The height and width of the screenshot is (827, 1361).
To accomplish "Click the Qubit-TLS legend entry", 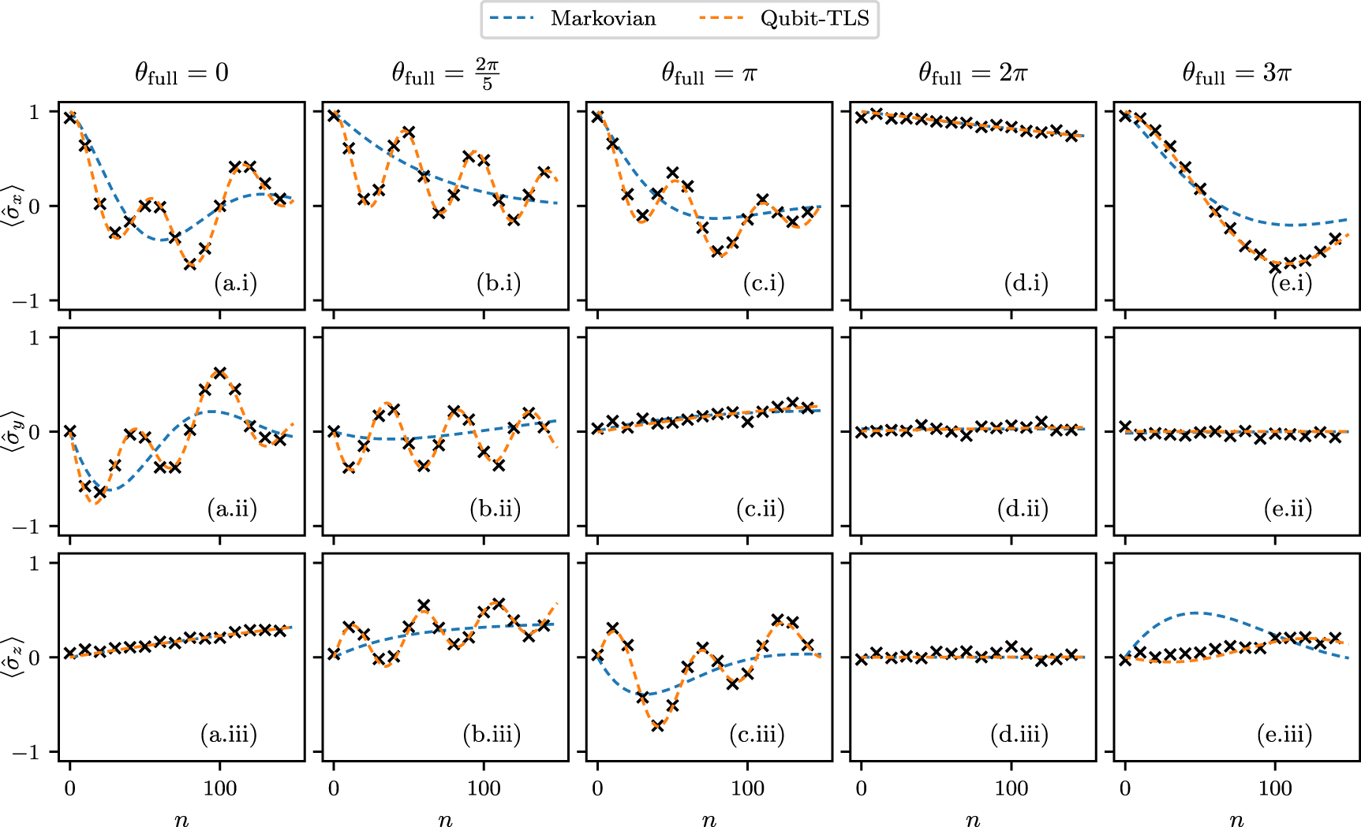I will tap(785, 19).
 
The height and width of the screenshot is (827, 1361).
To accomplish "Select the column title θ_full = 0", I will tap(181, 73).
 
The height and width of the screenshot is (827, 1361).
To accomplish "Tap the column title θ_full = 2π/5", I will tap(445, 73).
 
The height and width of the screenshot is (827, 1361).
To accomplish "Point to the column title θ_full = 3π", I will tap(1236, 73).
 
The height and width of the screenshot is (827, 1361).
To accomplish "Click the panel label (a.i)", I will tap(235, 283).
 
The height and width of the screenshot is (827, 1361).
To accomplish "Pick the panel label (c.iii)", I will tap(757, 735).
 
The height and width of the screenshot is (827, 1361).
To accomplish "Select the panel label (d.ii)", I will tap(1023, 508).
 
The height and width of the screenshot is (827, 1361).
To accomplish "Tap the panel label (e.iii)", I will tap(1284, 735).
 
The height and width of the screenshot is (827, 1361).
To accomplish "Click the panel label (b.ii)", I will tap(495, 508).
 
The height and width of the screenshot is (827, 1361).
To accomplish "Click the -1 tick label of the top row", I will tap(28, 301).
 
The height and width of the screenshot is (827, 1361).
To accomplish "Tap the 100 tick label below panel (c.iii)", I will tap(747, 788).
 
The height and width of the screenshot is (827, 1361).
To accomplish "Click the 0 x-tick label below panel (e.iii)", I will tap(1125, 788).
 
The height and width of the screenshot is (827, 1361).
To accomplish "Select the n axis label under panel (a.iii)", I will tap(181, 820).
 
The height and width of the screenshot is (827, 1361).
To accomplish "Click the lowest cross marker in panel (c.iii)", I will tap(657, 725).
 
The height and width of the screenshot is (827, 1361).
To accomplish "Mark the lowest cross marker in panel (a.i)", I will tap(190, 264).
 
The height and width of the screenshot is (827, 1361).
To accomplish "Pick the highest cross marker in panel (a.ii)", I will tap(220, 372).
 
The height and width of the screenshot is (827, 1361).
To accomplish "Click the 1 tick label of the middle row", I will tap(34, 338).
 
